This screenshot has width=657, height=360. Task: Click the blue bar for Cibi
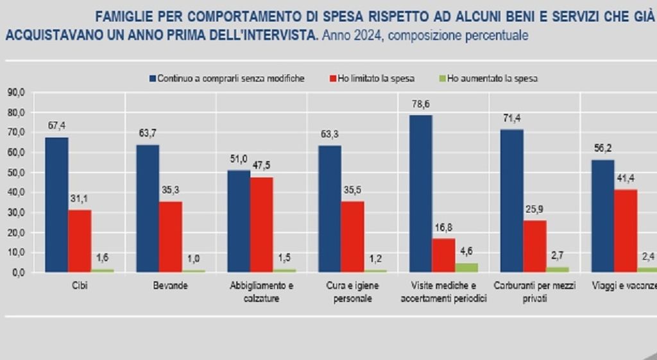click(x=56, y=205)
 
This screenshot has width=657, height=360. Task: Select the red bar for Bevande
click(x=171, y=237)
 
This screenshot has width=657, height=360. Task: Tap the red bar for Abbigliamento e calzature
click(x=261, y=225)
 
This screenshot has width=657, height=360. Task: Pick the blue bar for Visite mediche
click(x=420, y=193)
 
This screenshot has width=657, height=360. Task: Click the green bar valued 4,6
click(x=466, y=268)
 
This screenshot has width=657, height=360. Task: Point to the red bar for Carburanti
click(x=534, y=246)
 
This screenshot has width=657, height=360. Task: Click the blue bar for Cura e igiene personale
click(x=330, y=209)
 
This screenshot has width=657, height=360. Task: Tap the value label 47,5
click(x=262, y=166)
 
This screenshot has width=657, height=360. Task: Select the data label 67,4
click(x=57, y=126)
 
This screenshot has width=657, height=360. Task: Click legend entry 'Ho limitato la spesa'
click(x=371, y=78)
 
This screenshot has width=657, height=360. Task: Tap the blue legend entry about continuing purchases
click(x=226, y=78)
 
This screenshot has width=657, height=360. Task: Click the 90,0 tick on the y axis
click(x=15, y=92)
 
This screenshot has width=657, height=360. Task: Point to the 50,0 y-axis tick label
click(x=15, y=173)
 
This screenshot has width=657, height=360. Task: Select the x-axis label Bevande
click(x=171, y=286)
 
